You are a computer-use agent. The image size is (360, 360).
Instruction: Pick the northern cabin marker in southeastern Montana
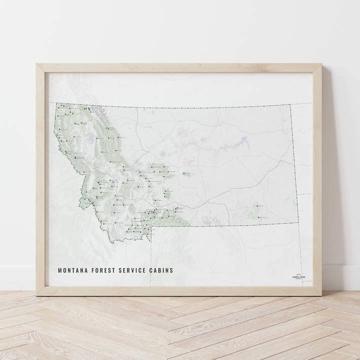[257, 205]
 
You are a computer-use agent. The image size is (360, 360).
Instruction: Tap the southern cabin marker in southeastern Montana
[259, 216]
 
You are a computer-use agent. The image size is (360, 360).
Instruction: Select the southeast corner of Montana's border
[298, 223]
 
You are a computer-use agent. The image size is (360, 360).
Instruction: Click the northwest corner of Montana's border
[56, 103]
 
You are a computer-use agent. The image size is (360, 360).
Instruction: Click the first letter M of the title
[60, 270]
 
